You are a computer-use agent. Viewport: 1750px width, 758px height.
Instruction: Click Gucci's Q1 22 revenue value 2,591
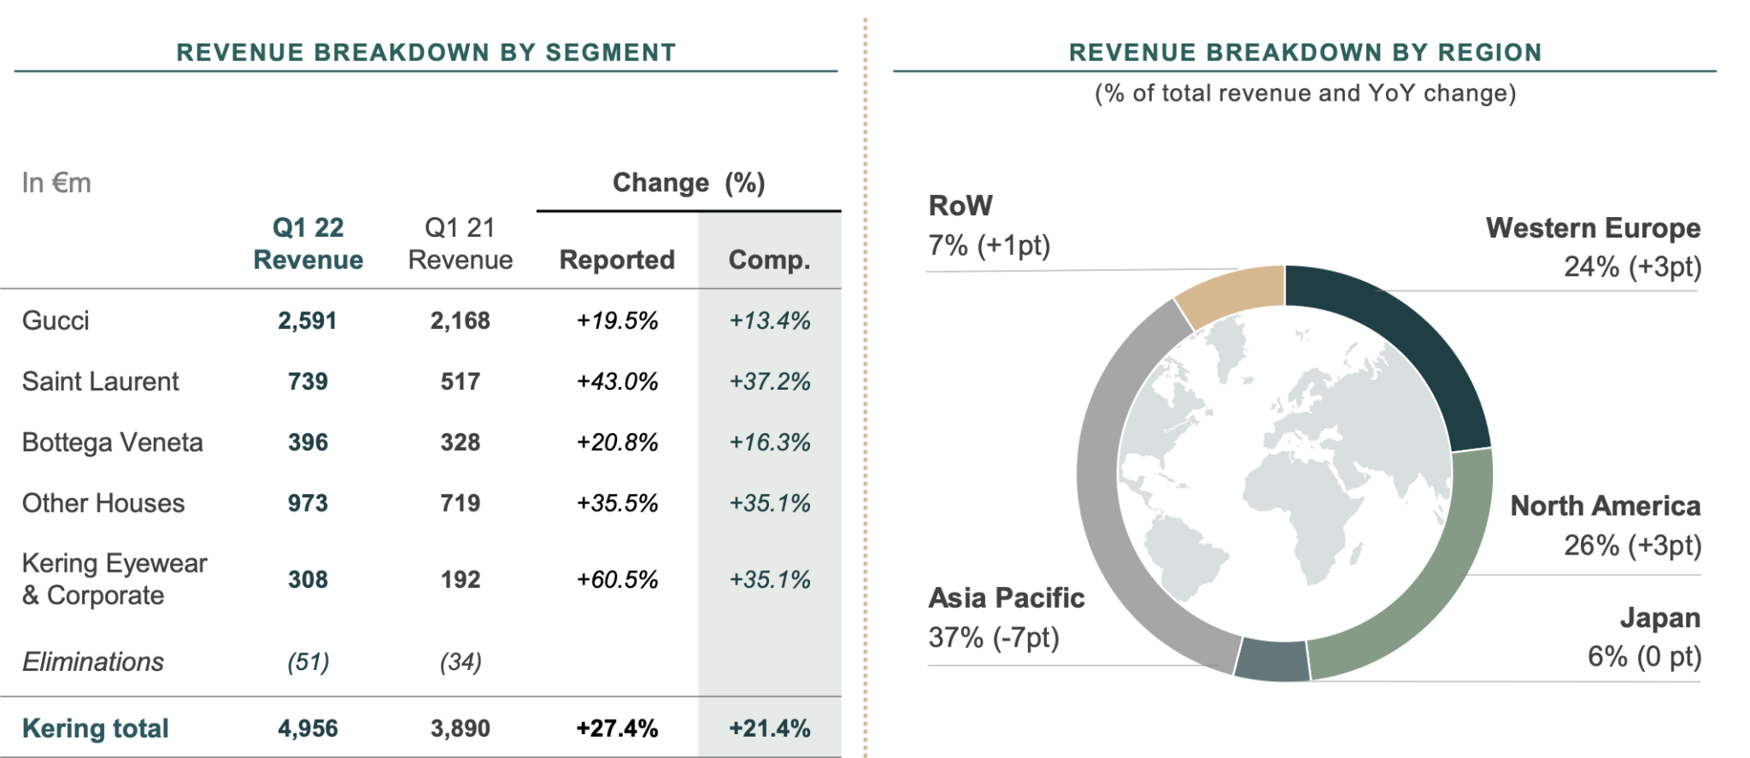307,321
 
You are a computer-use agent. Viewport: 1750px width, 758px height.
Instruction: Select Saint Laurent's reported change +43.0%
617,382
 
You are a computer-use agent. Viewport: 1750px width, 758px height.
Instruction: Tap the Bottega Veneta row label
113,443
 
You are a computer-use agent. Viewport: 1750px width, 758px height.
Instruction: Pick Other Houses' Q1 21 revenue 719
460,503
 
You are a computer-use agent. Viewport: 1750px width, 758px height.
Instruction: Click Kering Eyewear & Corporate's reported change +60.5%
617,580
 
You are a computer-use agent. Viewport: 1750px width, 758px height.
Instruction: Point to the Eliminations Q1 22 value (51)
308,662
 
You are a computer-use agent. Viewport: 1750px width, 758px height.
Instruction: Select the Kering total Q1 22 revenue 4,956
308,729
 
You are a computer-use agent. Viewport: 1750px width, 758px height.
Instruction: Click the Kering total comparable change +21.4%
769,729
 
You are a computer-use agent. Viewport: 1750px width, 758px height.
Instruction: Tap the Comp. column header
769,260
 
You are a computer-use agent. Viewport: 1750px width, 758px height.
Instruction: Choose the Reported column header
617,260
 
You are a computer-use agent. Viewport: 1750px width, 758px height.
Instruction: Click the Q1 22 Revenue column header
308,244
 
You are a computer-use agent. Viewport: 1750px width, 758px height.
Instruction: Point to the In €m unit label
56,183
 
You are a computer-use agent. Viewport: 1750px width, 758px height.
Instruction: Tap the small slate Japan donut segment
1272,660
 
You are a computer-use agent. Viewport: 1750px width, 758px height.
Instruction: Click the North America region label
1605,506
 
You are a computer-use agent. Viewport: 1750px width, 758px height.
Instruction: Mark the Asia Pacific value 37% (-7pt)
994,638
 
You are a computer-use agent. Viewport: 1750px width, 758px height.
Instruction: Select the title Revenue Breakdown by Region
1305,53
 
